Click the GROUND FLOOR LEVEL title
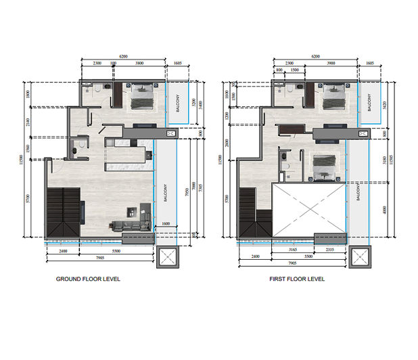pyautogui.click(x=88, y=279)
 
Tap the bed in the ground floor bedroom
pyautogui.click(x=141, y=96)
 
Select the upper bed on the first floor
pyautogui.click(x=333, y=96)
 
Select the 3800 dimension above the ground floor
pyautogui.click(x=139, y=62)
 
